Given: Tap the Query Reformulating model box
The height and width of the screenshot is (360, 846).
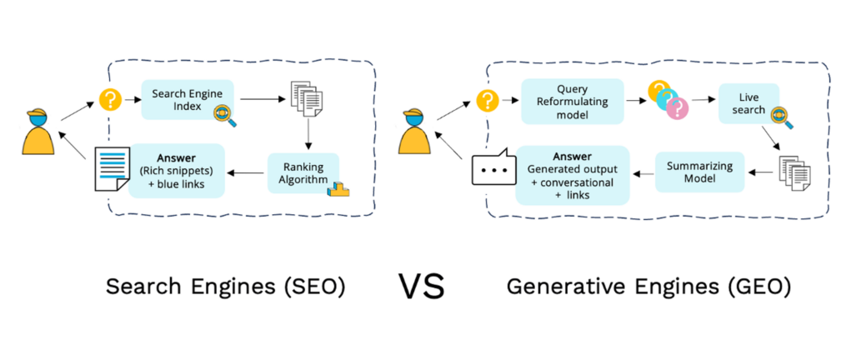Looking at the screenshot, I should pos(572,101).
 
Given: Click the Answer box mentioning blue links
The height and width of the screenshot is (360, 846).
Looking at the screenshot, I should pos(177,170).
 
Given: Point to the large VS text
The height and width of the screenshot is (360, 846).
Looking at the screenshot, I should pos(422,287).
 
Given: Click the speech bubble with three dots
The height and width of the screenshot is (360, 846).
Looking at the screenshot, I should pos(489,170).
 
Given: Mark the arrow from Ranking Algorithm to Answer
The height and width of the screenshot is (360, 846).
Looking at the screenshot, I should pos(247,173).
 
